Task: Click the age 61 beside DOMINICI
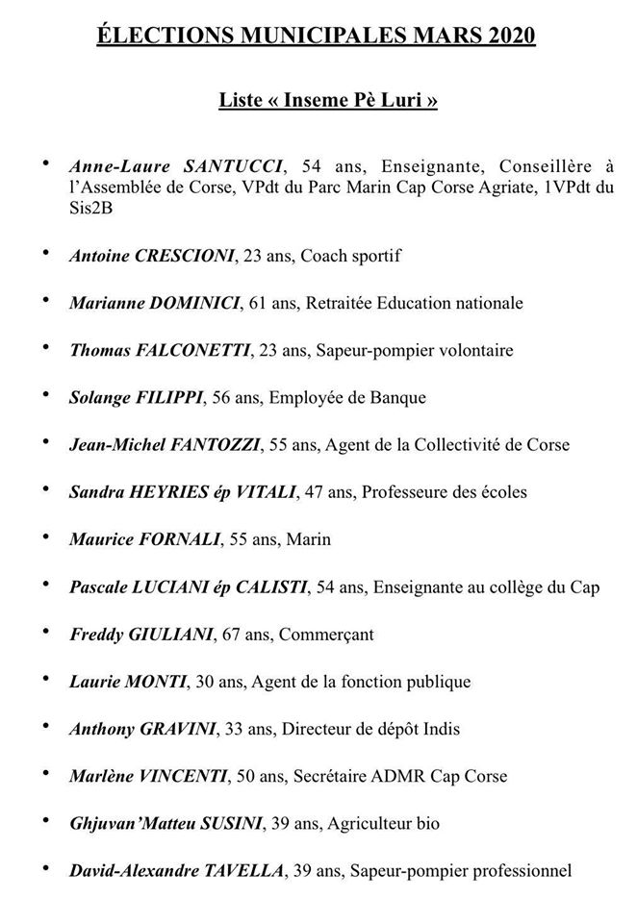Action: tap(258, 303)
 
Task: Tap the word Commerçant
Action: tap(326, 634)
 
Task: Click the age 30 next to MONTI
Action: tap(205, 681)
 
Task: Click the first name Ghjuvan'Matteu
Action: tap(125, 823)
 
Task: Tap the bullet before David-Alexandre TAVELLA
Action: tap(45, 867)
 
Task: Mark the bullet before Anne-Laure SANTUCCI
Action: tap(45, 162)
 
